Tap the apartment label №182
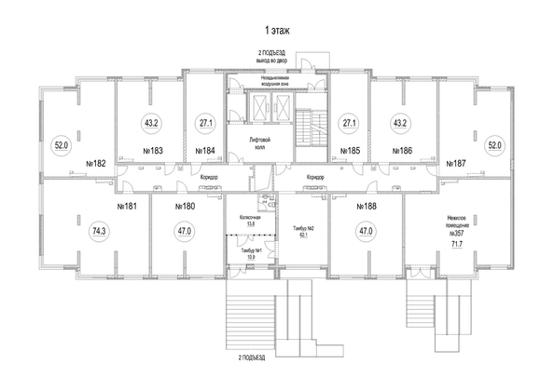click(96, 163)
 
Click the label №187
click(455, 163)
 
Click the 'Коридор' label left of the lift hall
click(210, 176)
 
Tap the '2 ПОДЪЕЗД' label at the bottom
click(252, 357)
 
